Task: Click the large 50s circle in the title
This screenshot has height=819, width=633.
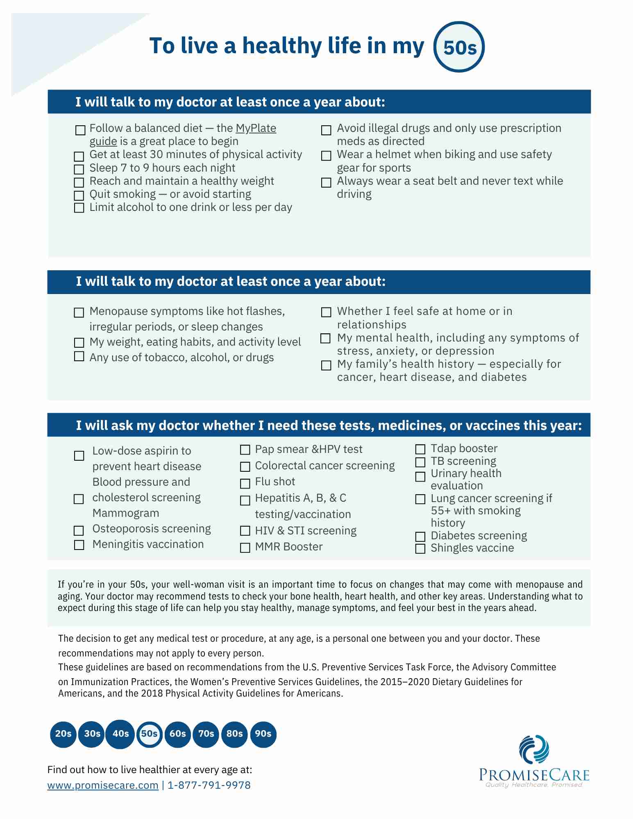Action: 459,47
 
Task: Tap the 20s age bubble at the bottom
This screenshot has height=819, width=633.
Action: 63,734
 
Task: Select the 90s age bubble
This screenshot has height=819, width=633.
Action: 263,734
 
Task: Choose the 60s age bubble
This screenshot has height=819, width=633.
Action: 177,734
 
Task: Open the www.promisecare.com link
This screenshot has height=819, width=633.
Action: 103,785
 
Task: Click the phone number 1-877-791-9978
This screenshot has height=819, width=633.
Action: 209,785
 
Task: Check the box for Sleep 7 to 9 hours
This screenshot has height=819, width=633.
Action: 79,169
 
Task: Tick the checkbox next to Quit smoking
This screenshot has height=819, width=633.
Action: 79,195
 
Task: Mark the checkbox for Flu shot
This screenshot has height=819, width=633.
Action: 245,484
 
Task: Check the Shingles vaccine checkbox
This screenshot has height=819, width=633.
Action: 420,549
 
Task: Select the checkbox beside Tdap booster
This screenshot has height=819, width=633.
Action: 420,449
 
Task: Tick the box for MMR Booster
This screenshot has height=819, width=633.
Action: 245,548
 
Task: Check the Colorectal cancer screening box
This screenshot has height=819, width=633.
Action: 245,467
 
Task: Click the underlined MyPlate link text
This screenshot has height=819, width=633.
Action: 256,129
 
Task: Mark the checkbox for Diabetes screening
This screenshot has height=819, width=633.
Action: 420,536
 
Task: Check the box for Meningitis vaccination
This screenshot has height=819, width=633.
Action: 79,545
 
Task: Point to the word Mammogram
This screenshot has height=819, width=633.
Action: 125,513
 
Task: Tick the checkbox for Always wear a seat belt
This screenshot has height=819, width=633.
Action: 326,183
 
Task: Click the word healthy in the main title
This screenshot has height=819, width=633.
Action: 282,46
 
